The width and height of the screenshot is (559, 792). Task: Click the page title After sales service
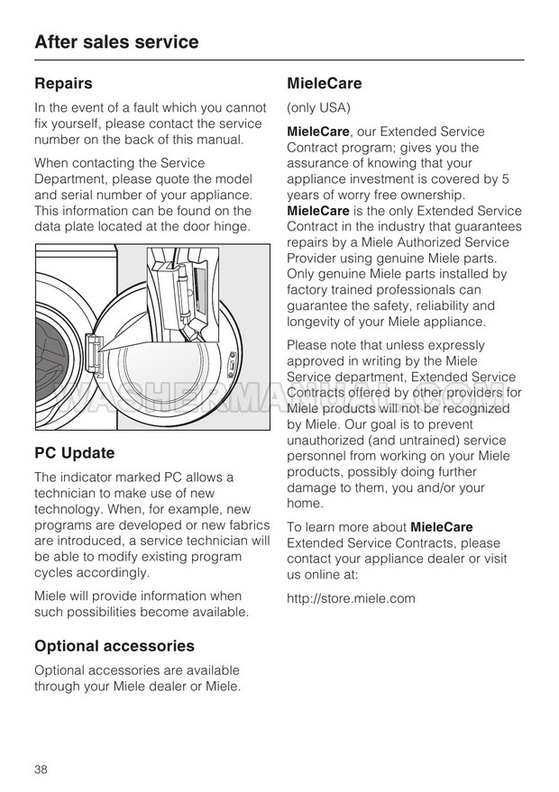coord(116,42)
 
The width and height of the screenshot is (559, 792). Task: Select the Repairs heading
coord(63,84)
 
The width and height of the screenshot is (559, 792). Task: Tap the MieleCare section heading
coord(324,84)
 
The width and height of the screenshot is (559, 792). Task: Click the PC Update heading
coord(74,453)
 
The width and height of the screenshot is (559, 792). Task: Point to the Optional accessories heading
coord(114,646)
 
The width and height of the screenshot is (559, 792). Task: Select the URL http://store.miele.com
coord(351,598)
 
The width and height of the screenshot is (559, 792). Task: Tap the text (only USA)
coord(317,108)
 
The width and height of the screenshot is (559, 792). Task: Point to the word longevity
coord(316,322)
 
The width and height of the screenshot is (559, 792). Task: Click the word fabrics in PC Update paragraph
coord(245,525)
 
